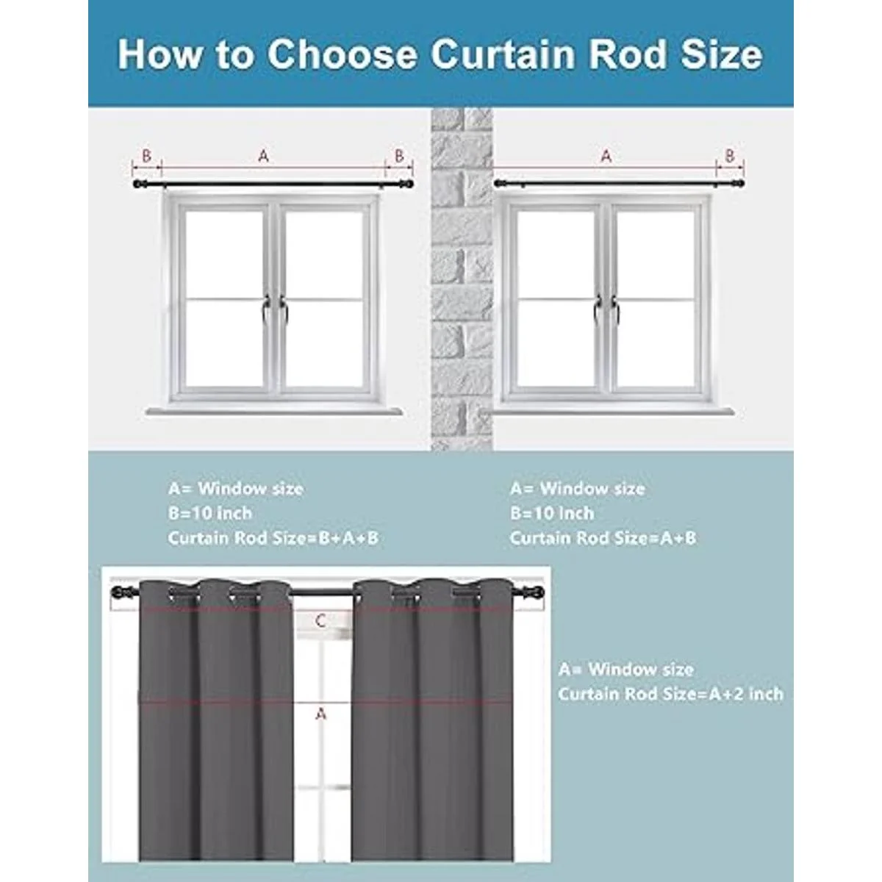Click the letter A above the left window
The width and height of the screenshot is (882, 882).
tap(264, 156)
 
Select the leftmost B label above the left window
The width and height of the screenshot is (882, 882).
tap(146, 156)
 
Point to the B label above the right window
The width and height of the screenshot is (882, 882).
tap(730, 156)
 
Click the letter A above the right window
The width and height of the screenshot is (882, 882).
tap(606, 156)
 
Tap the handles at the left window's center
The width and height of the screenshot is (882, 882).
tap(273, 309)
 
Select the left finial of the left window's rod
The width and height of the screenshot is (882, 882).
tap(137, 184)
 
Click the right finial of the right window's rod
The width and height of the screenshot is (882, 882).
tap(744, 184)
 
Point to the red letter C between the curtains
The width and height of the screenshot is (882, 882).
tap(320, 621)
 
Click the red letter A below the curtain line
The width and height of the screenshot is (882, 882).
tap(320, 713)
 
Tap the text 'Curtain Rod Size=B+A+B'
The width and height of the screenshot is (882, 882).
tap(273, 538)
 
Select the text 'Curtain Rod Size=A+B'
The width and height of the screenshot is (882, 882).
tap(603, 538)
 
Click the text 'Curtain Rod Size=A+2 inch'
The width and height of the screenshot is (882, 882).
tap(670, 694)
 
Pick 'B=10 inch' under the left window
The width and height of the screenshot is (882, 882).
tap(209, 513)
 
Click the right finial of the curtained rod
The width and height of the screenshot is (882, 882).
tap(545, 592)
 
